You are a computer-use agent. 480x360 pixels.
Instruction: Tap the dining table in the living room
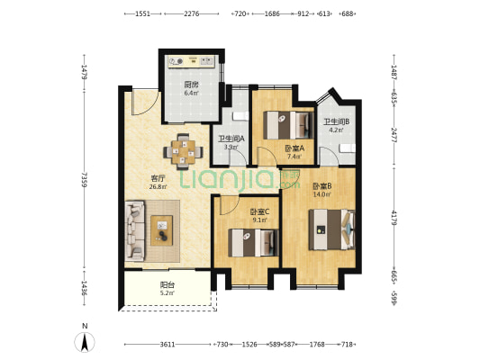click(183, 152)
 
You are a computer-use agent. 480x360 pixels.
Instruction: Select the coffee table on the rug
click(161, 230)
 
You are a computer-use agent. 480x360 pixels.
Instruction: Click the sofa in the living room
click(134, 230)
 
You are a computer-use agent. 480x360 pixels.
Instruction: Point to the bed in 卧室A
click(289, 125)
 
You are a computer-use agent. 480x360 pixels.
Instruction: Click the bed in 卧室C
click(253, 242)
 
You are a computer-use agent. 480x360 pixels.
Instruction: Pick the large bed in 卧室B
click(332, 229)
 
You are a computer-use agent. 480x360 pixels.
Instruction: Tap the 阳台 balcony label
click(168, 285)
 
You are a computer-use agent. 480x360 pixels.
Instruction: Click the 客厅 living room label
click(158, 178)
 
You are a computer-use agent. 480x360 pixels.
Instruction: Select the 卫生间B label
click(337, 121)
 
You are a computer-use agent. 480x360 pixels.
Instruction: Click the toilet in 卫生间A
click(240, 116)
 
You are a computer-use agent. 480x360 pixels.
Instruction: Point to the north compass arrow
click(85, 342)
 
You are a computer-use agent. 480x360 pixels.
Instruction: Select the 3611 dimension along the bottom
click(168, 345)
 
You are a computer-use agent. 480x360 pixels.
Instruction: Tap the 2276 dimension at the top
click(192, 13)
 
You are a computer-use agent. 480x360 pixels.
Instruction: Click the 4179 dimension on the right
click(394, 219)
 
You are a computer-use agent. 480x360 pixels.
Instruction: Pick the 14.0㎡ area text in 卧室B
click(322, 193)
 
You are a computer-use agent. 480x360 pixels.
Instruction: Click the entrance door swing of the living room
click(145, 102)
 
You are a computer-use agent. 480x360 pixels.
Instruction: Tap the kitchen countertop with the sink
click(192, 61)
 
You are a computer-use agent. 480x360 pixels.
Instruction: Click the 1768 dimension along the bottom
click(317, 345)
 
